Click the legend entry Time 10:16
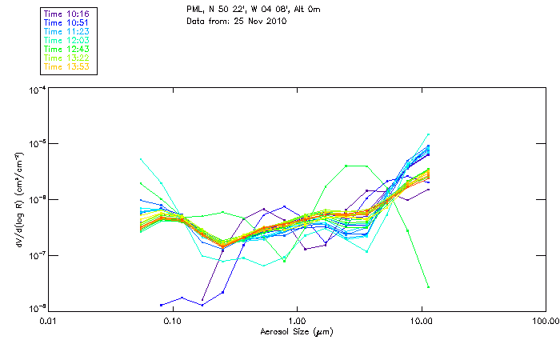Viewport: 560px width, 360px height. point(66,14)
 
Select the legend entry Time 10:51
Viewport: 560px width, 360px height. point(66,22)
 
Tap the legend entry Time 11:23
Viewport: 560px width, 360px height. point(66,31)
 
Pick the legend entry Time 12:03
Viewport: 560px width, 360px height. point(66,40)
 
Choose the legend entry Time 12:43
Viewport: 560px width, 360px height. point(66,49)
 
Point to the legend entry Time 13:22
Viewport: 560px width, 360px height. point(66,58)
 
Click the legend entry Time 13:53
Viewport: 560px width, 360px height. point(66,66)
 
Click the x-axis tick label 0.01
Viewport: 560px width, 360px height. point(49,321)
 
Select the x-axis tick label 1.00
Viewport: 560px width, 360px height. point(298,321)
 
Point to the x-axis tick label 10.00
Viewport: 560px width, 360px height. point(422,321)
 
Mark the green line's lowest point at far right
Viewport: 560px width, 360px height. point(428,286)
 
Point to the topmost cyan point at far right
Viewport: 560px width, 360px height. point(428,134)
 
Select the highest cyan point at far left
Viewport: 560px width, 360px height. point(141,159)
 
